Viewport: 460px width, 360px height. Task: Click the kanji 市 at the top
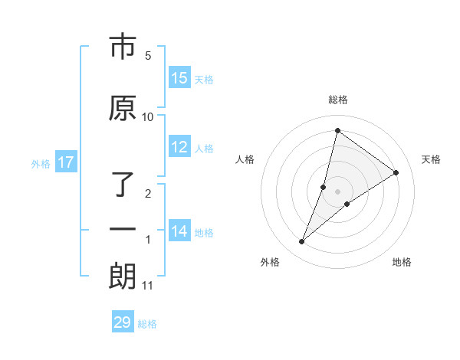pyautogui.click(x=123, y=48)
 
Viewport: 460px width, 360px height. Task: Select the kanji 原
pyautogui.click(x=123, y=109)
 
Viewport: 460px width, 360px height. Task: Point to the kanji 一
pyautogui.click(x=123, y=230)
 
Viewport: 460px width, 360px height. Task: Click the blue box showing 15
pyautogui.click(x=179, y=78)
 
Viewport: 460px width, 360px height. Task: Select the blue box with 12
pyautogui.click(x=179, y=147)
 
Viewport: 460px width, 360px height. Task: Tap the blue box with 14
pyautogui.click(x=179, y=231)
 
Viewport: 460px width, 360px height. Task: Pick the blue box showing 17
pyautogui.click(x=66, y=162)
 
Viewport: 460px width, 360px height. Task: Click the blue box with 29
pyautogui.click(x=123, y=322)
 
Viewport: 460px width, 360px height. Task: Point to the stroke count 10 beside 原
pyautogui.click(x=148, y=116)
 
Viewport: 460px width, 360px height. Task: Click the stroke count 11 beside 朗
pyautogui.click(x=148, y=286)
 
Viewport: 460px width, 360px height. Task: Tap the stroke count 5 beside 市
pyautogui.click(x=148, y=56)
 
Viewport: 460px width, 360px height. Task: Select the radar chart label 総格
pyautogui.click(x=338, y=100)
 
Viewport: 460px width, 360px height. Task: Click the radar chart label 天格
pyautogui.click(x=432, y=159)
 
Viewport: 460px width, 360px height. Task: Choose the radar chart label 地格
pyautogui.click(x=402, y=262)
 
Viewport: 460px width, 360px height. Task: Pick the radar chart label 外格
pyautogui.click(x=270, y=262)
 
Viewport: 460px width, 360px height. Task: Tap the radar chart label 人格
pyautogui.click(x=245, y=159)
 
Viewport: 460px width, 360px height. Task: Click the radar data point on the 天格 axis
pyautogui.click(x=396, y=172)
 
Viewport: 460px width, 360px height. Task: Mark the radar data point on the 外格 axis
pyautogui.click(x=302, y=242)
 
